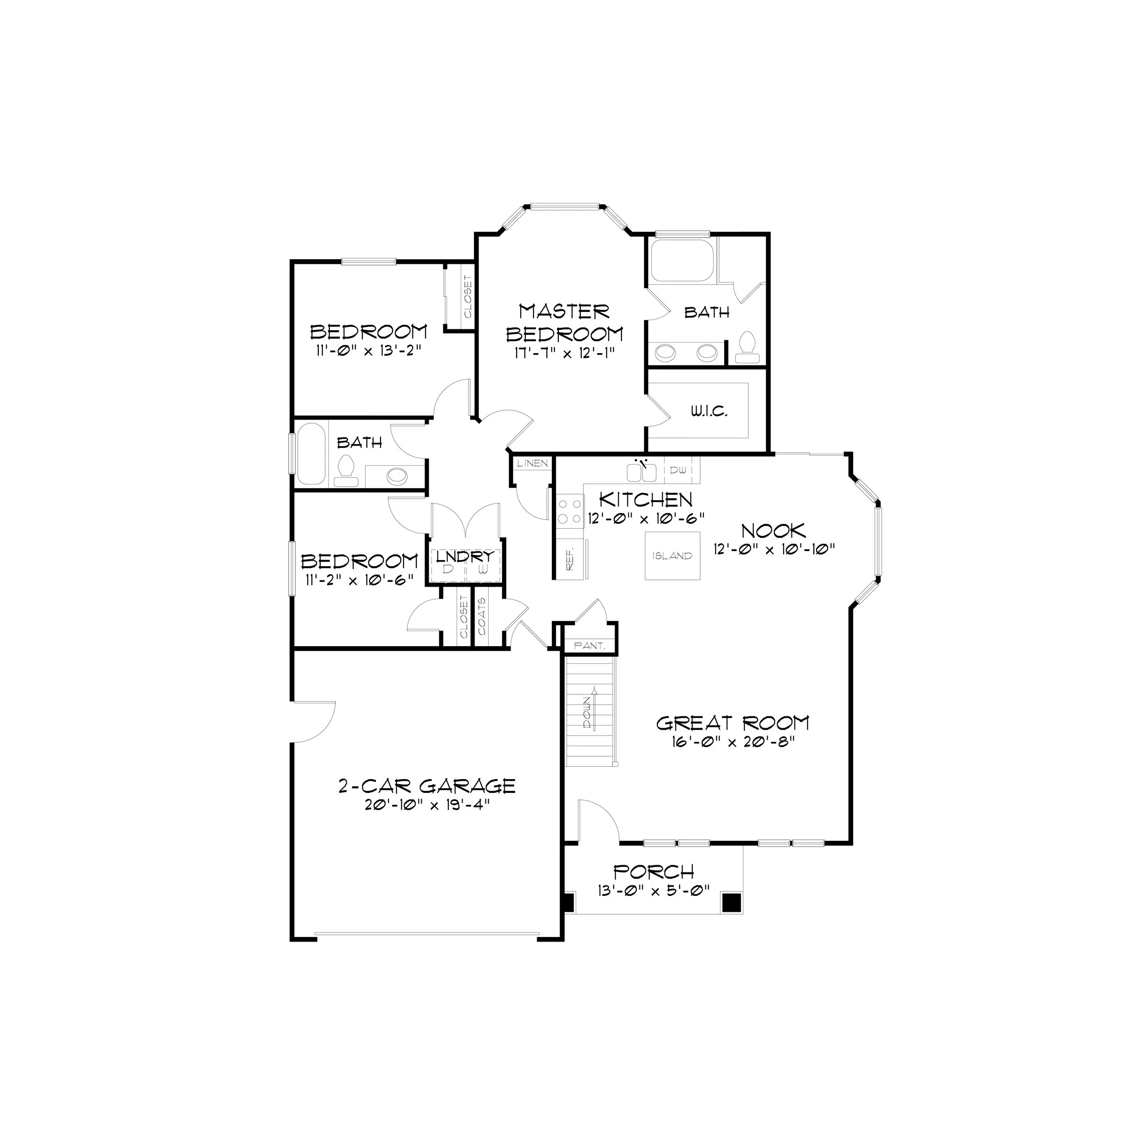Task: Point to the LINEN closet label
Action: point(532,463)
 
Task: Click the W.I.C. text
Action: point(709,411)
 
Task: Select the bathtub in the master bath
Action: point(683,260)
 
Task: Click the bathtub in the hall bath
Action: point(311,453)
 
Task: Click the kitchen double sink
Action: point(641,472)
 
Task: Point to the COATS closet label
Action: point(482,616)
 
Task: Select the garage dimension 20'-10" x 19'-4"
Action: point(426,805)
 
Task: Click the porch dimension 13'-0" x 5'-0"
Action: point(654,891)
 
